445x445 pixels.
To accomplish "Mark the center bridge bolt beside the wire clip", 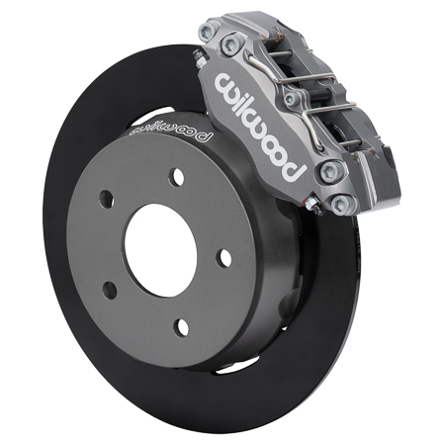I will pos(290,100).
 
